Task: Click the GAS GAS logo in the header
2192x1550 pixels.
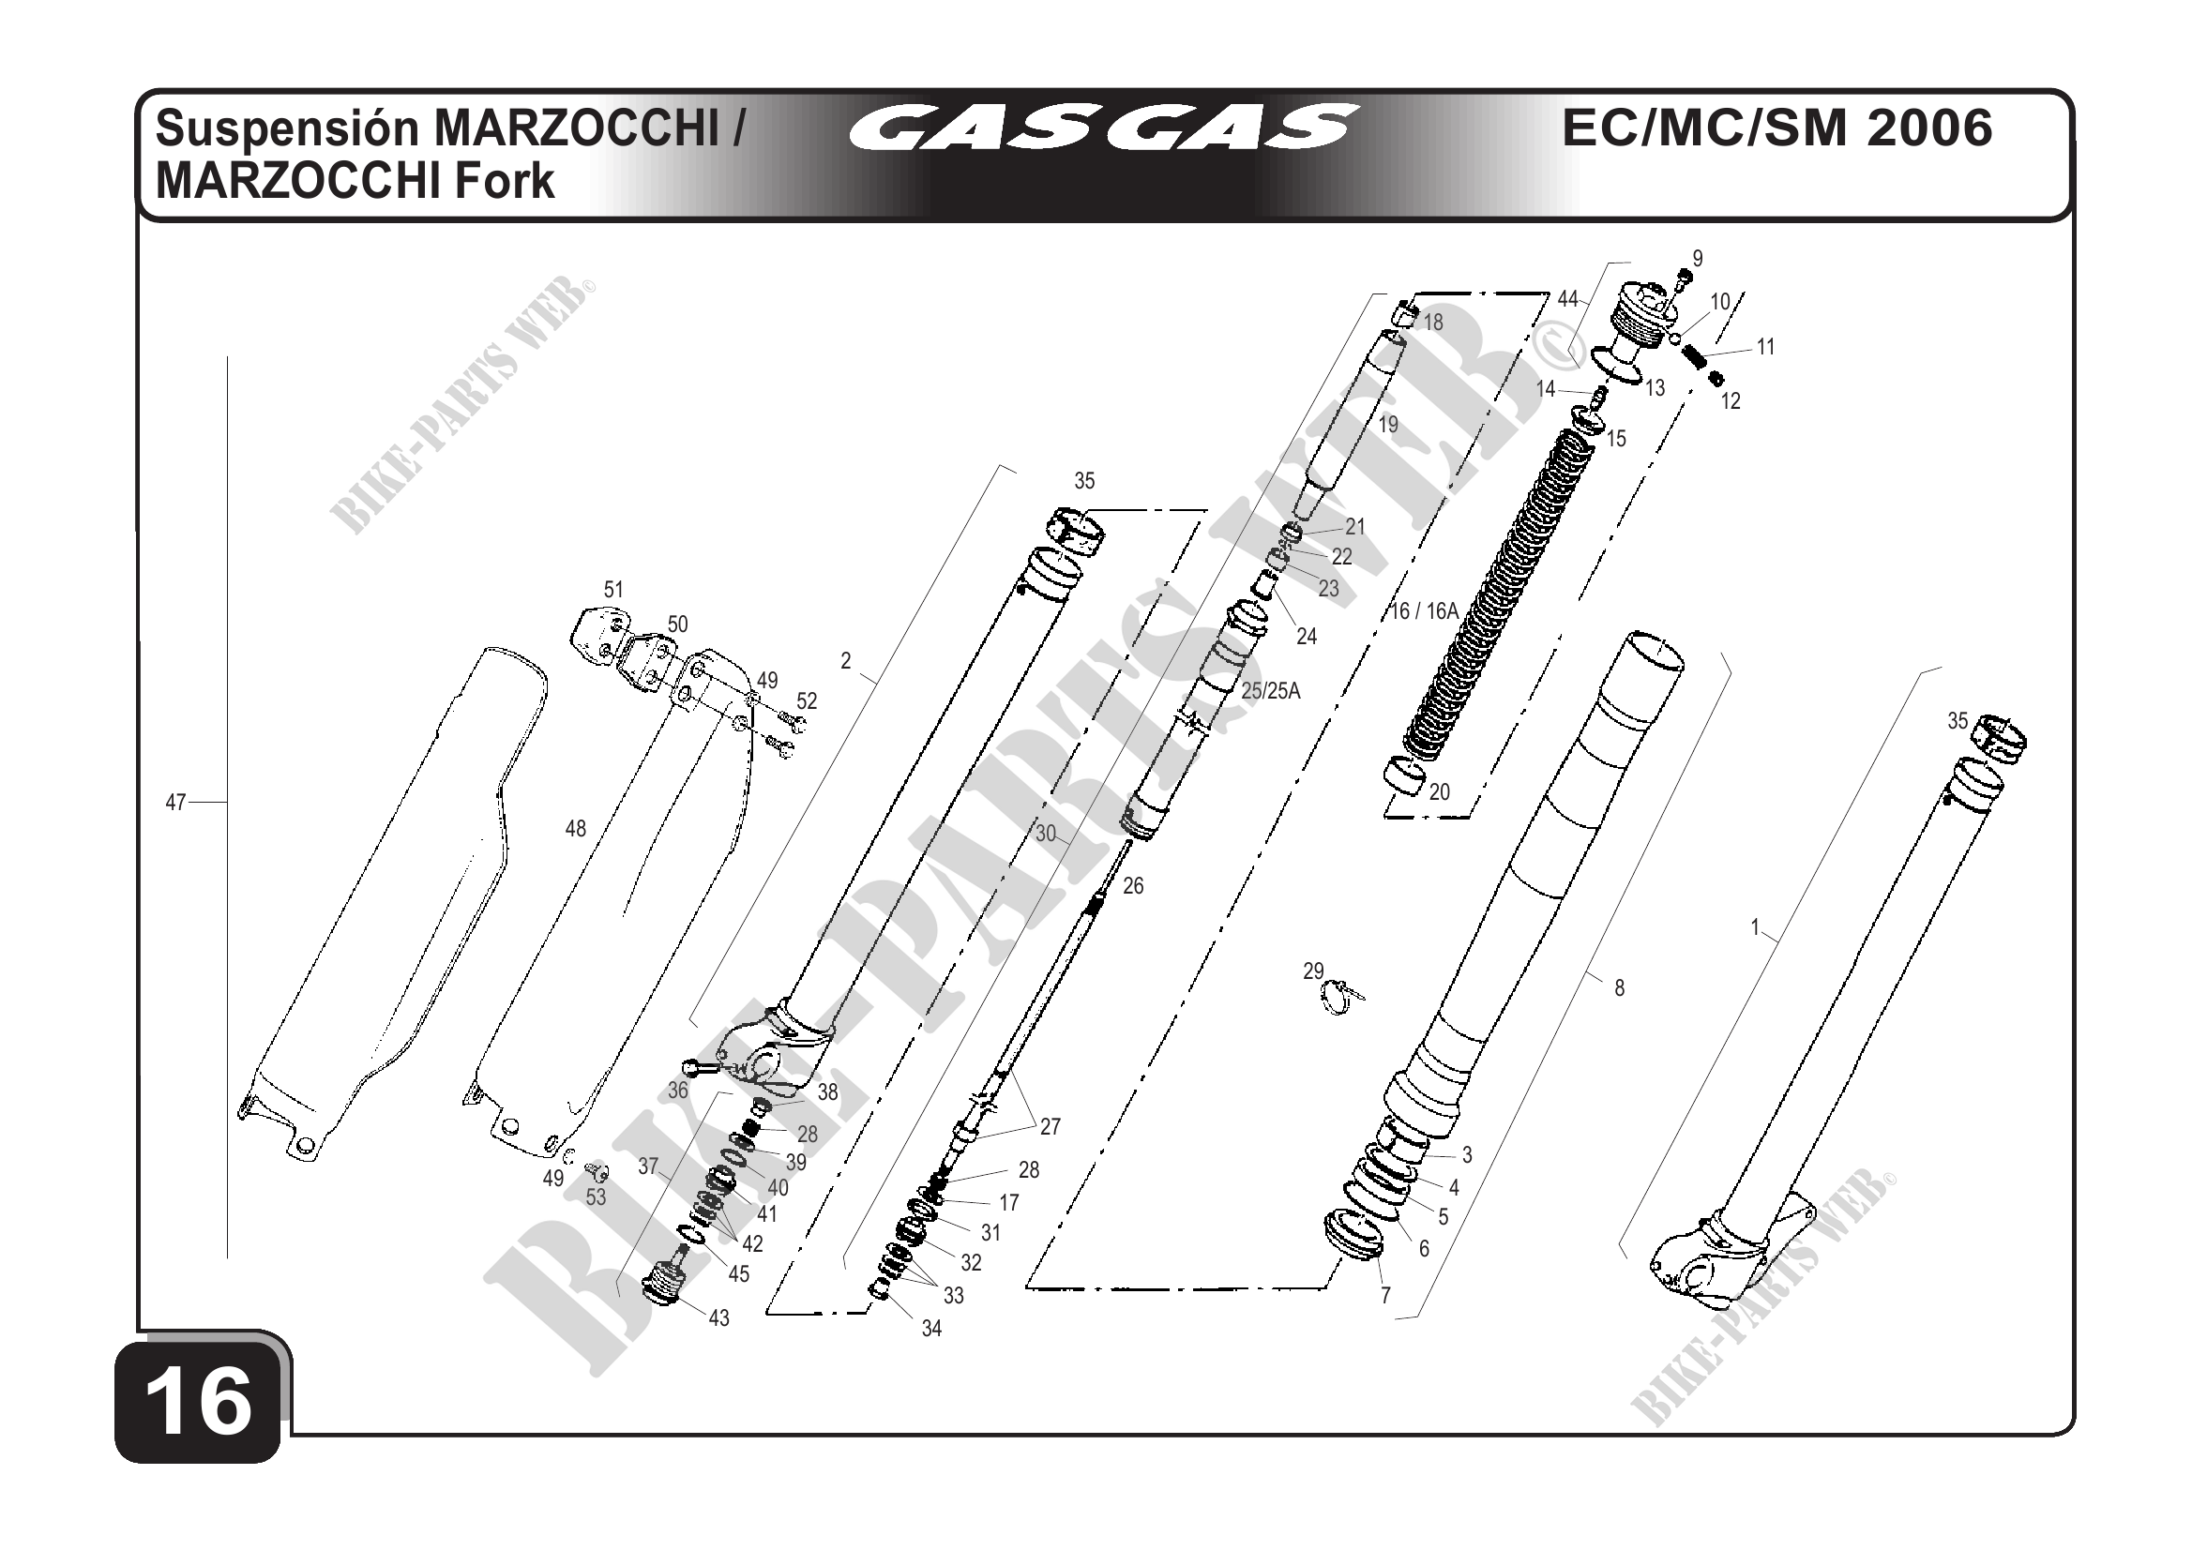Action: click(x=1103, y=128)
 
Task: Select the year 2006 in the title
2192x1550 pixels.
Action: click(x=1929, y=128)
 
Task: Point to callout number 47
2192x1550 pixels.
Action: click(x=175, y=803)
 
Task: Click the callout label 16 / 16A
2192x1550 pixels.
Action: click(x=1424, y=611)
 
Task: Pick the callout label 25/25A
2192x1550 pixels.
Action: click(x=1271, y=691)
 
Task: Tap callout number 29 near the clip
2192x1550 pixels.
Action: click(x=1314, y=971)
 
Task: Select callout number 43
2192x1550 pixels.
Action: click(x=718, y=1318)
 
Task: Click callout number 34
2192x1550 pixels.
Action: click(x=931, y=1328)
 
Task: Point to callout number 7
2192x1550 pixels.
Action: click(x=1385, y=1294)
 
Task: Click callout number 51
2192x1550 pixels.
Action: click(x=613, y=590)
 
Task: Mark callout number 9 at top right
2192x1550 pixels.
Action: click(x=1698, y=259)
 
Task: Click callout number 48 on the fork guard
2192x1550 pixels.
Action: click(x=576, y=829)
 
